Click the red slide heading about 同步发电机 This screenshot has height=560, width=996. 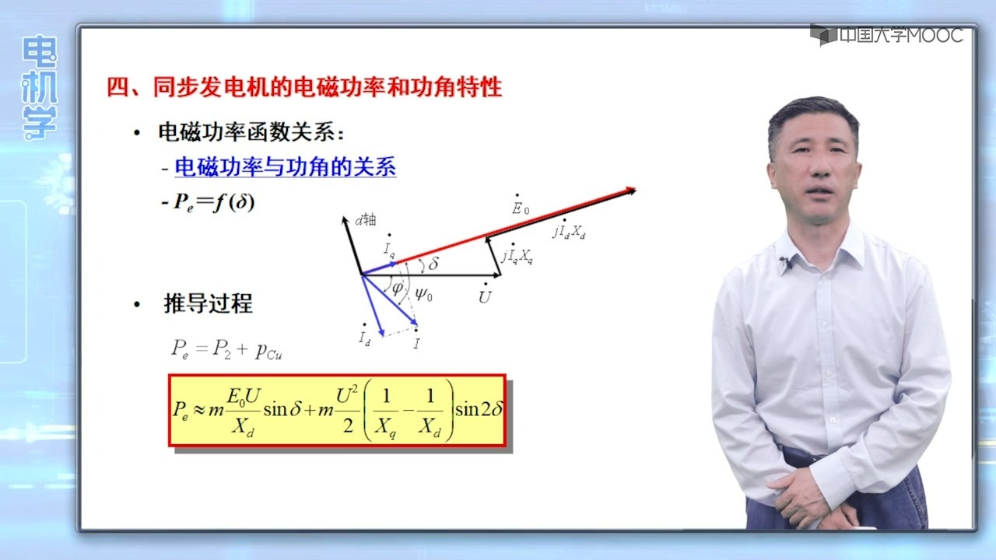[304, 87]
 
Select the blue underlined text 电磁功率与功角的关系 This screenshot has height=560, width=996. [285, 166]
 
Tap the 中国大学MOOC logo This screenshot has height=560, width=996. [887, 35]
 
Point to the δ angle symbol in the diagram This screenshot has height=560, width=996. [433, 264]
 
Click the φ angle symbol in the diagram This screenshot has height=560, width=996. [397, 288]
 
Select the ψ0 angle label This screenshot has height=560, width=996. [423, 294]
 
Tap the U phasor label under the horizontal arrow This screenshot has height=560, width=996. [485, 296]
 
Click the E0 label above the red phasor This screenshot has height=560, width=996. [520, 207]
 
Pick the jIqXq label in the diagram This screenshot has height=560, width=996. [517, 256]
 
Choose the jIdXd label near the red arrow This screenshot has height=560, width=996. [570, 232]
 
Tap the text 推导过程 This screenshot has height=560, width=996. [208, 303]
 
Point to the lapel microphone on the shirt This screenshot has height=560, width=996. [784, 263]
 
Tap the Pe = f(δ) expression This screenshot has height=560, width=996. [209, 202]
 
